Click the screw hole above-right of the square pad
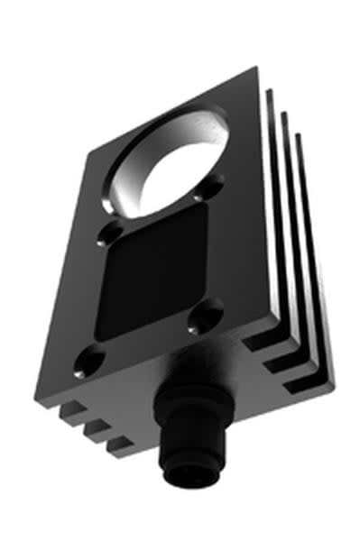click(x=214, y=188)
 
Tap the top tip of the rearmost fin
click(x=299, y=135)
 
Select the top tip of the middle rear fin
click(x=285, y=113)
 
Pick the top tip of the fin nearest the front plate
click(x=272, y=91)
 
